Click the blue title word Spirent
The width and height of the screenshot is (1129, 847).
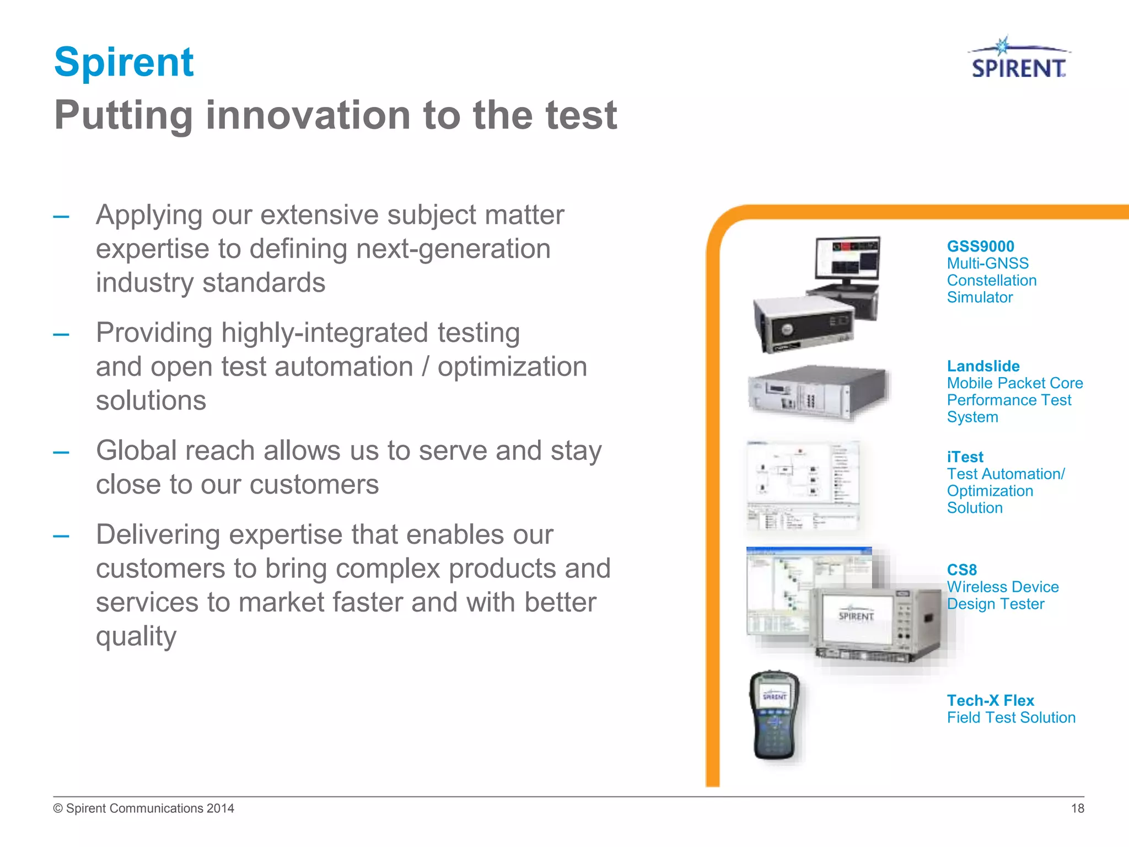point(124,62)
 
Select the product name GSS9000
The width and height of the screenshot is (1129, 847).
point(980,246)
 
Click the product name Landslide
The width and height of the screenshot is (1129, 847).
point(983,366)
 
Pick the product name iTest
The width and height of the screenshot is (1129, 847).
point(965,457)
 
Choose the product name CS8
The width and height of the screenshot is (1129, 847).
point(961,570)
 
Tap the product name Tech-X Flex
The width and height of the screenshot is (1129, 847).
point(990,700)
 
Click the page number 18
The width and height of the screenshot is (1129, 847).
point(1077,808)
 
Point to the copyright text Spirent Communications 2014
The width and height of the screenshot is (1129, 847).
point(144,808)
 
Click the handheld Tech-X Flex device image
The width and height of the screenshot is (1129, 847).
point(775,715)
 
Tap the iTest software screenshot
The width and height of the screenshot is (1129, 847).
point(803,485)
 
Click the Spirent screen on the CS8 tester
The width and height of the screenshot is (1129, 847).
point(856,616)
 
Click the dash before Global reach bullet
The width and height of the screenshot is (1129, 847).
point(61,453)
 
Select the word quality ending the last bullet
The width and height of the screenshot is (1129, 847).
point(136,636)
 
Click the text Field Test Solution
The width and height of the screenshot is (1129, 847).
point(1011,717)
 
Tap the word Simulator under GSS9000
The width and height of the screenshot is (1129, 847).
point(980,297)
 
